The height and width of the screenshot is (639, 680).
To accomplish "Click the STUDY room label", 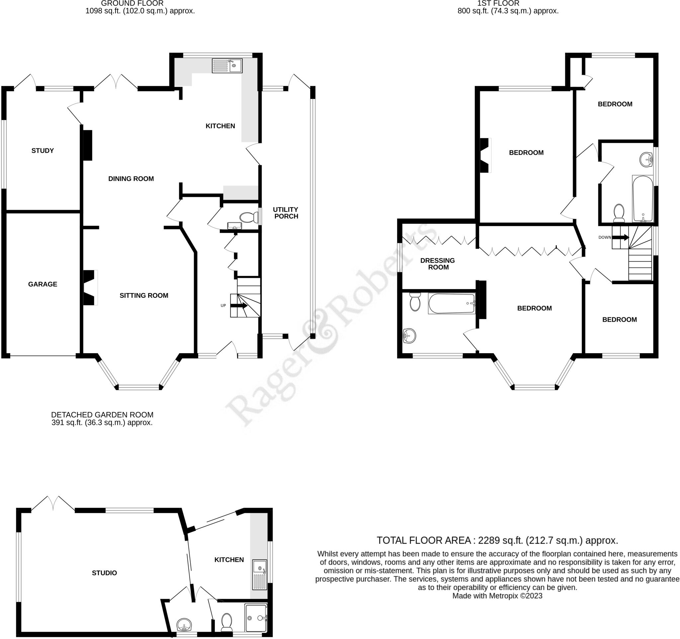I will pyautogui.click(x=42, y=150).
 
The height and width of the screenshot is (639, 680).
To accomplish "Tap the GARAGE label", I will pyautogui.click(x=42, y=284).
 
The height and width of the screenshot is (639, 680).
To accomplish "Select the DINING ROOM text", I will pyautogui.click(x=131, y=179).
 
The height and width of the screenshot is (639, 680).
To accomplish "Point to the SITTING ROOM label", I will pyautogui.click(x=144, y=295).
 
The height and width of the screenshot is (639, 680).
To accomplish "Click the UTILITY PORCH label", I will pyautogui.click(x=286, y=213).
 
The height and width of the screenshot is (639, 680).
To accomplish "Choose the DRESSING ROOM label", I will pyautogui.click(x=438, y=264).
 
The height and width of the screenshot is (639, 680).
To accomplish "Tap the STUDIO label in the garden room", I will pyautogui.click(x=104, y=573).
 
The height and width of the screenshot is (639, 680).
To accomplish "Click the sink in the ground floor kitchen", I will pyautogui.click(x=227, y=66).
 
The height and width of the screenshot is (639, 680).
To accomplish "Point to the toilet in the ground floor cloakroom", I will pyautogui.click(x=249, y=217).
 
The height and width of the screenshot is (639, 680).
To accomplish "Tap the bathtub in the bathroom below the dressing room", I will pyautogui.click(x=452, y=303).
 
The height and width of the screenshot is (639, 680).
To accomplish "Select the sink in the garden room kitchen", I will pyautogui.click(x=260, y=574).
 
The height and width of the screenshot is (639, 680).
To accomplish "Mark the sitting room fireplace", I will pyautogui.click(x=90, y=287).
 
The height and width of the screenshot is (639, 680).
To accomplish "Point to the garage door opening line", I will pyautogui.click(x=42, y=356).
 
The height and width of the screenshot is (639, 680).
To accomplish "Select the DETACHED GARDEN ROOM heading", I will pyautogui.click(x=102, y=415).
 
